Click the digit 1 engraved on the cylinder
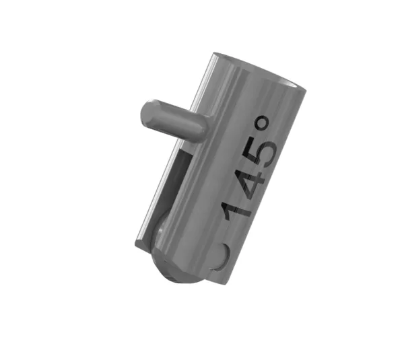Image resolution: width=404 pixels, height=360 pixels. (x=236, y=206)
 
